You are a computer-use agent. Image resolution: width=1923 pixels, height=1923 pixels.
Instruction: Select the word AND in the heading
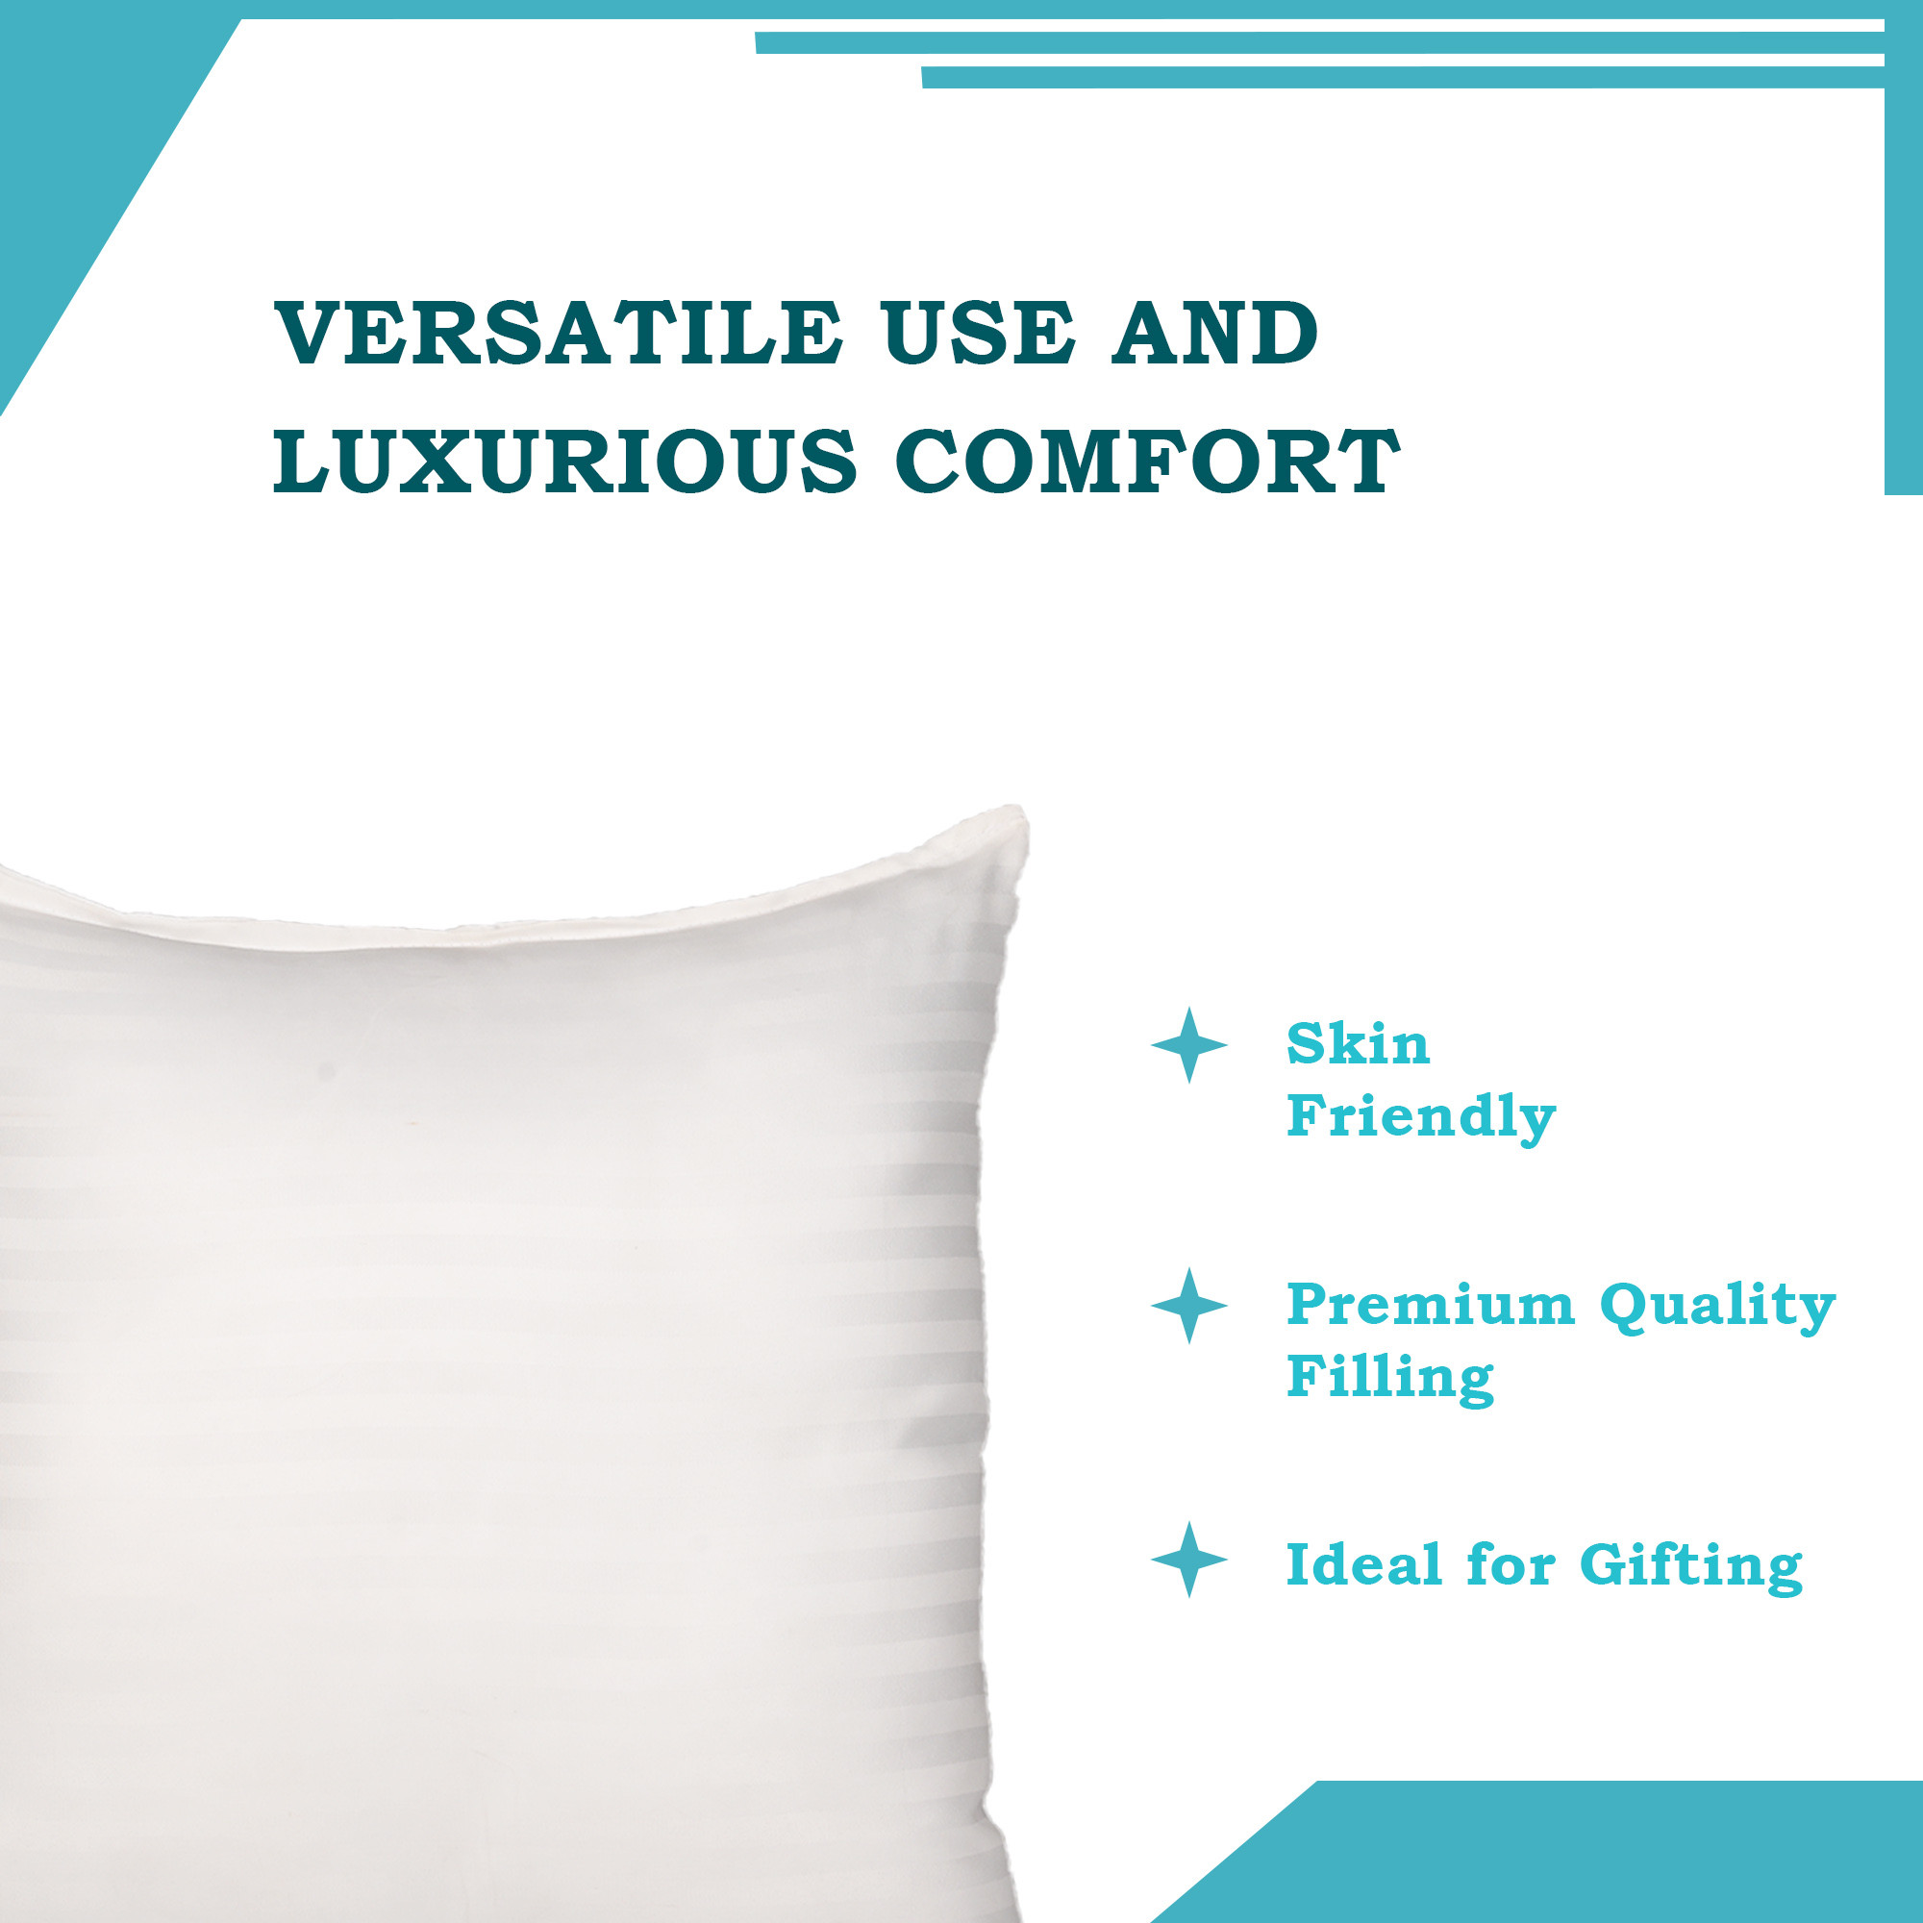click(1216, 333)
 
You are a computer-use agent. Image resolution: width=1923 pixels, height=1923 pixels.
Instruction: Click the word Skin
click(1358, 1045)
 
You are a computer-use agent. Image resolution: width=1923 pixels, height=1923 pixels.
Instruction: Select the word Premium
click(1431, 1305)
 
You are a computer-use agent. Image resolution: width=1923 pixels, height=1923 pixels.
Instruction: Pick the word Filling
click(1389, 1380)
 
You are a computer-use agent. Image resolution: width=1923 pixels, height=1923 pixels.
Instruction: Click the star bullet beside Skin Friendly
click(1188, 1045)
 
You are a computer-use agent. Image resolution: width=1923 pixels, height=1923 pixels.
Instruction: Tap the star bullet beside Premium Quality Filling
click(1188, 1306)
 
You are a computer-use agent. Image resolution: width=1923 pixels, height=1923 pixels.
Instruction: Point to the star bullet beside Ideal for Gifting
click(1188, 1560)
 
